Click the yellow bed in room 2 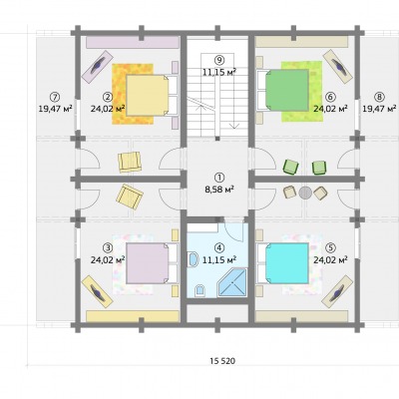(x=148, y=96)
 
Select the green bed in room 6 (x=287, y=90)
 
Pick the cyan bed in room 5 (x=287, y=263)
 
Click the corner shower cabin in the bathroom (x=231, y=283)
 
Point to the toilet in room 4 (x=199, y=290)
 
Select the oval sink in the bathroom (x=193, y=259)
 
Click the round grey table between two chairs (x=305, y=193)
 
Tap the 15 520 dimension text (x=222, y=361)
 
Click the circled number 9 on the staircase (x=219, y=60)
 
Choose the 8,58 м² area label (x=218, y=190)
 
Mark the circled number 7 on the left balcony (x=54, y=97)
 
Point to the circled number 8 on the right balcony (x=379, y=97)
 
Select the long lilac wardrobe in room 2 (x=133, y=43)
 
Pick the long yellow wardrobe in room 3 (x=133, y=316)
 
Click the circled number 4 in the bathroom (x=218, y=247)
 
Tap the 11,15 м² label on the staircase (x=219, y=72)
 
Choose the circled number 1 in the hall (x=219, y=178)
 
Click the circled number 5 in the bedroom (x=330, y=247)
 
